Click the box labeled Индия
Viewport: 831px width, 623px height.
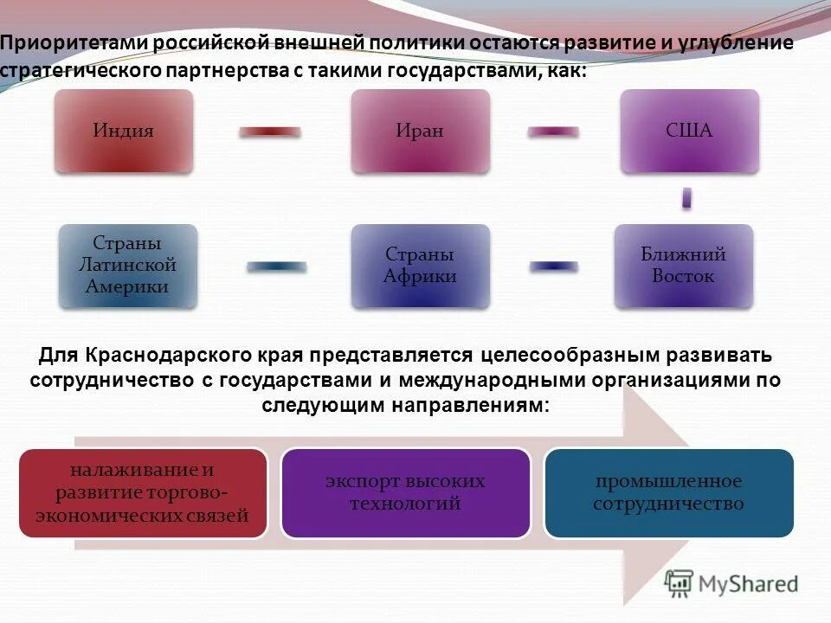[x=123, y=131]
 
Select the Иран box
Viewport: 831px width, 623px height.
[x=420, y=131]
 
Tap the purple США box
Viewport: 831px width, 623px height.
[x=689, y=131]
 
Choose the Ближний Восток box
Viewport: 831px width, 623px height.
[x=684, y=266]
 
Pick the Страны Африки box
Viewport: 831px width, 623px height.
[x=420, y=266]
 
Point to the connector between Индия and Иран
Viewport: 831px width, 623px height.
[x=270, y=132]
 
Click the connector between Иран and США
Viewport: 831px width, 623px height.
[x=554, y=132]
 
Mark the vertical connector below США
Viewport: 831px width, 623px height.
[x=686, y=198]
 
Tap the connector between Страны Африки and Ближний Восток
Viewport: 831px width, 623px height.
[x=554, y=267]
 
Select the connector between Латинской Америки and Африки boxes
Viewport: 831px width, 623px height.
[x=275, y=267]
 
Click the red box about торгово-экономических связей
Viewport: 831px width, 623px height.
[x=143, y=493]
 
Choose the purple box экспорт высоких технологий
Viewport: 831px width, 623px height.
[x=405, y=492]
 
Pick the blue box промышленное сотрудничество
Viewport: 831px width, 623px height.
[x=668, y=492]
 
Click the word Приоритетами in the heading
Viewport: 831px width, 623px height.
[x=60, y=43]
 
